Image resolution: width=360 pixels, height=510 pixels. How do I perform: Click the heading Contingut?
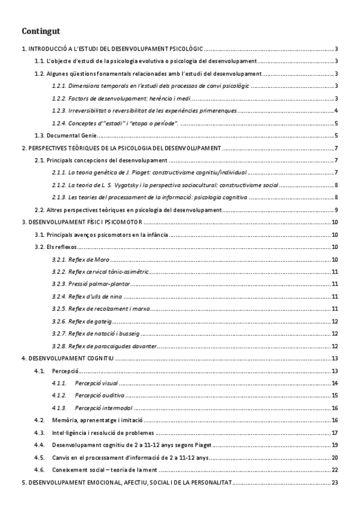point(41,31)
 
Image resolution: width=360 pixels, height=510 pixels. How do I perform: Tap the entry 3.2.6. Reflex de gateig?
point(82,321)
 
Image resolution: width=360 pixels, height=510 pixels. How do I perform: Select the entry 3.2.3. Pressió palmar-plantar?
point(91,284)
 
